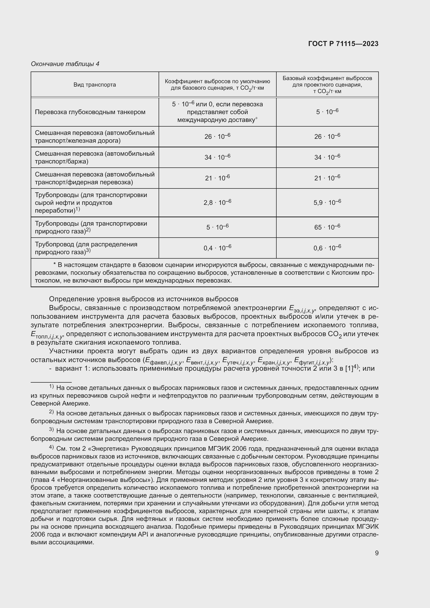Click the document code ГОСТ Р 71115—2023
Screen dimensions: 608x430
343,44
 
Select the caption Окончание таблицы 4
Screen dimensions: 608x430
65,64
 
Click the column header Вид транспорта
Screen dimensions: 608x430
95,85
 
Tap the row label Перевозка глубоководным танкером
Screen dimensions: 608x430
90,112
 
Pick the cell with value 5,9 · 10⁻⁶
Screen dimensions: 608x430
327,202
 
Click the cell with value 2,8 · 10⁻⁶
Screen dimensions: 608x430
217,202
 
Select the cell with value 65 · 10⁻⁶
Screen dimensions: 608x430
327,227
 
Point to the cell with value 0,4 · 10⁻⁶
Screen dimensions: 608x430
217,248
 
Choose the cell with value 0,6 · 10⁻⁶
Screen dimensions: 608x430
327,248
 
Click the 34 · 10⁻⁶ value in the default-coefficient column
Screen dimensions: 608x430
217,157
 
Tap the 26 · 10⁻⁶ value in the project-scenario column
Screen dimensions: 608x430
327,137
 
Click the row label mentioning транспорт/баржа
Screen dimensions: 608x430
95,157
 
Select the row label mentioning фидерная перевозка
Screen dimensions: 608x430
95,178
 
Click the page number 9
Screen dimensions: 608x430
376,553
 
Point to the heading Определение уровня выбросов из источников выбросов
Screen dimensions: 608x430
144,299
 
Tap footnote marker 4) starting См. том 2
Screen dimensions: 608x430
51,448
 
